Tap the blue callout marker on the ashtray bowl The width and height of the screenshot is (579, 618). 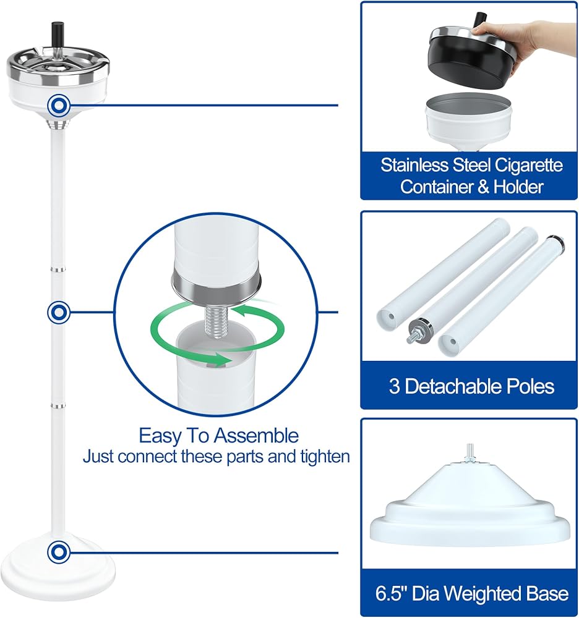[x=59, y=105]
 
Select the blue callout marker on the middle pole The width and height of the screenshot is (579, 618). [x=59, y=312]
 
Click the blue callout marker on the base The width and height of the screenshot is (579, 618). [x=59, y=552]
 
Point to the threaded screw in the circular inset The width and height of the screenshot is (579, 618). [x=215, y=323]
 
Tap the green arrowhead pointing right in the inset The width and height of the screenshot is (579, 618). [x=220, y=358]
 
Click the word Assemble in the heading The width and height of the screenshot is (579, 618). [x=256, y=436]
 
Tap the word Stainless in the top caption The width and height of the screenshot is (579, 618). [x=414, y=165]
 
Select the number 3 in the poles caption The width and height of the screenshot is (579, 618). [x=395, y=386]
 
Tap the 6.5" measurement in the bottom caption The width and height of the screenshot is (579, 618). [x=390, y=593]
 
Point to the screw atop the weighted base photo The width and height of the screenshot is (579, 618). [x=470, y=452]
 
